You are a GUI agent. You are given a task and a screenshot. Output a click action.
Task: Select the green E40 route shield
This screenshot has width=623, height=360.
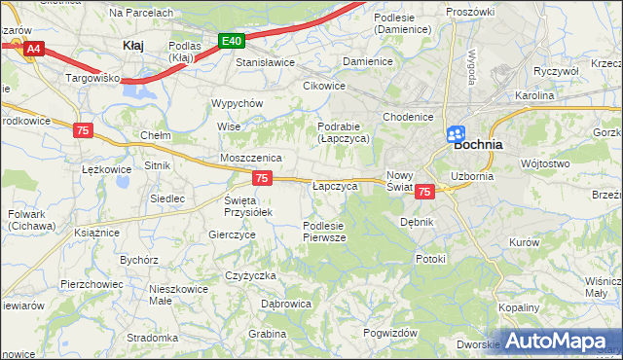(231, 41)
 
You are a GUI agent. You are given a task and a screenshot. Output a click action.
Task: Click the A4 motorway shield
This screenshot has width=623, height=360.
(33, 47)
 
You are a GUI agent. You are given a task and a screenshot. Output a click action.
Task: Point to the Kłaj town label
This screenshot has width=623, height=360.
(133, 45)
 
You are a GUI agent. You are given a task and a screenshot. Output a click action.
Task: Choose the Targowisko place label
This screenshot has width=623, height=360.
(92, 76)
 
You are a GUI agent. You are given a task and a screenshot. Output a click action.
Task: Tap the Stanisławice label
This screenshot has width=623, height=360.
(266, 62)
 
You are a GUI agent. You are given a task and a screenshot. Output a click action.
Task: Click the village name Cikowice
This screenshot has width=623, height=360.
(324, 86)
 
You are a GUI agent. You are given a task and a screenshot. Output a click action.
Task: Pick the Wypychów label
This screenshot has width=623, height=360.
(238, 103)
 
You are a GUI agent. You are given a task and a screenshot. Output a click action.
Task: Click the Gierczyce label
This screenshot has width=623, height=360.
(232, 234)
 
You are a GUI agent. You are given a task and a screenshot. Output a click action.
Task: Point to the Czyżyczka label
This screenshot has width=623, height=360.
(251, 275)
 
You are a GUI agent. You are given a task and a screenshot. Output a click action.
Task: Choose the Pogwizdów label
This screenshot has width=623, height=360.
(389, 333)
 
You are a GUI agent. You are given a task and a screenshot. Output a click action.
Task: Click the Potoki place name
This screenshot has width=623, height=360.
(429, 259)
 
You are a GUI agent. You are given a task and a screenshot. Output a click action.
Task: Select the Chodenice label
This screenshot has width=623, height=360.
(408, 117)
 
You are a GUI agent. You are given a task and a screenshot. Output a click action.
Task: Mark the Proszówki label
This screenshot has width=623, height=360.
(470, 11)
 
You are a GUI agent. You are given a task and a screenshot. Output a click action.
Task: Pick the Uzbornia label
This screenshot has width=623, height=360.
(473, 176)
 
